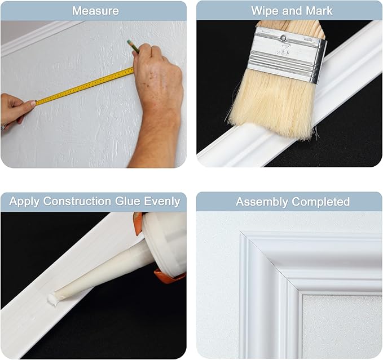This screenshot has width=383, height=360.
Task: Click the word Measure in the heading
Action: coord(95,11)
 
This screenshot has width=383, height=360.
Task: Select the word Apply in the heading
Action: coord(25,201)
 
